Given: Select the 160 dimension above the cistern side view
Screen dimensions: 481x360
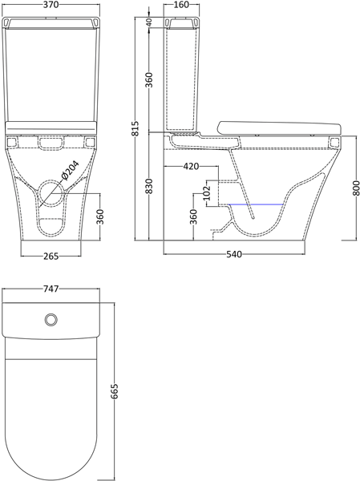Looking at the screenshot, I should pyautogui.click(x=179, y=6).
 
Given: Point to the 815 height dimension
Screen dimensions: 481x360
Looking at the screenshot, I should pyautogui.click(x=136, y=128).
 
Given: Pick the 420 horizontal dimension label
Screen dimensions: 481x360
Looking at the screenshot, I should pyautogui.click(x=190, y=167).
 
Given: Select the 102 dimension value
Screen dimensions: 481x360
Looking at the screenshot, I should pyautogui.click(x=207, y=192).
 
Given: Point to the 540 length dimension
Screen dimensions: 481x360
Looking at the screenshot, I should pyautogui.click(x=235, y=256).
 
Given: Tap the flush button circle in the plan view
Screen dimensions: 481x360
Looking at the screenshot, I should pyautogui.click(x=51, y=319).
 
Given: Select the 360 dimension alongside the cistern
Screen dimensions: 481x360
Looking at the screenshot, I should pyautogui.click(x=149, y=81).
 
